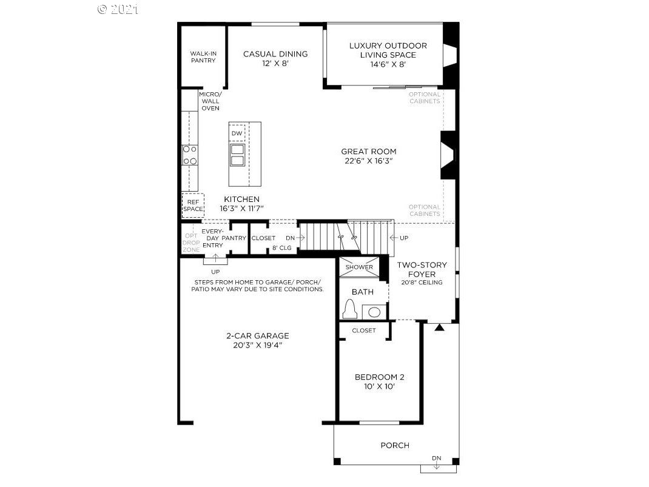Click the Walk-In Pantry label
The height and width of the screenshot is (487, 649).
click(203, 56)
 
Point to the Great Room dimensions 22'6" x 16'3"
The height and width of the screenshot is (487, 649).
click(368, 161)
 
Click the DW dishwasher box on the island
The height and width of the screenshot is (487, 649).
click(237, 133)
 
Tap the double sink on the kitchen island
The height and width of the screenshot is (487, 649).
click(237, 155)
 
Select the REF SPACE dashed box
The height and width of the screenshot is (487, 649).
click(193, 205)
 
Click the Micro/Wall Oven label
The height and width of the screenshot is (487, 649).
click(210, 101)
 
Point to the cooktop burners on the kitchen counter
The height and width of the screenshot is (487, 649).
click(190, 155)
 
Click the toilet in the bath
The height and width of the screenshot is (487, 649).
click(350, 308)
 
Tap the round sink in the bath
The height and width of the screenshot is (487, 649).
click(374, 312)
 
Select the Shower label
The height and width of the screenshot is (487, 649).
click(359, 267)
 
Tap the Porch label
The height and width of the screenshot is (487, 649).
click(395, 445)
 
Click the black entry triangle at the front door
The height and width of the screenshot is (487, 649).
click(440, 327)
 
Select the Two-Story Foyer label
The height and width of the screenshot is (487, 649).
click(422, 269)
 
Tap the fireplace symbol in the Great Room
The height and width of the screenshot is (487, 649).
click(448, 155)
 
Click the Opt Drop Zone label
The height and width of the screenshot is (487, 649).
click(191, 243)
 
